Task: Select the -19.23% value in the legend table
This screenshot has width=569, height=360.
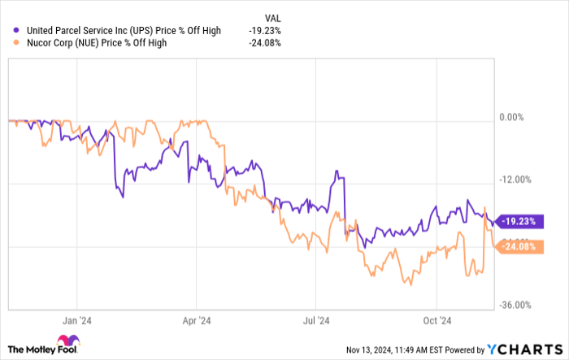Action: [264, 31]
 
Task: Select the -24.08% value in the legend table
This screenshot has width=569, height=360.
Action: [264, 43]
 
